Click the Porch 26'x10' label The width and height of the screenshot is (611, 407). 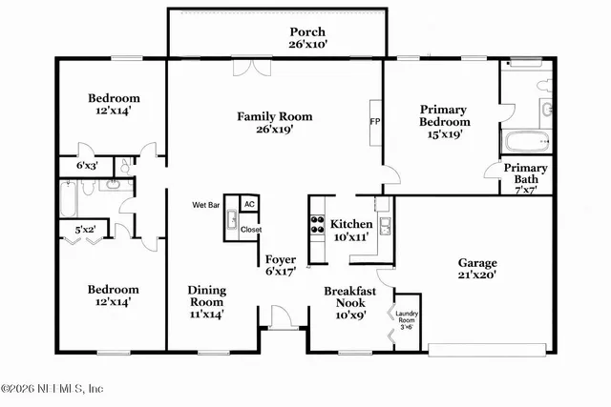pyautogui.click(x=306, y=37)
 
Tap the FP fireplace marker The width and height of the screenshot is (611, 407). pyautogui.click(x=375, y=122)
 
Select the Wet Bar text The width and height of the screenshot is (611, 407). pyautogui.click(x=207, y=205)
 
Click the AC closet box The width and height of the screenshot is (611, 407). pyautogui.click(x=248, y=205)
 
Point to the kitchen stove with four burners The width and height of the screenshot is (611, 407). pyautogui.click(x=316, y=225)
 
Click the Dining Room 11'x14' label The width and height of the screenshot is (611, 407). pyautogui.click(x=207, y=300)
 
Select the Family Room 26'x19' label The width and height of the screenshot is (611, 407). pyautogui.click(x=275, y=123)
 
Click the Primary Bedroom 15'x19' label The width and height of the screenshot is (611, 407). pyautogui.click(x=445, y=122)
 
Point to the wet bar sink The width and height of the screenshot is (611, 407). pyautogui.click(x=232, y=224)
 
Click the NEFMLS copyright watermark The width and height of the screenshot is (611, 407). pyautogui.click(x=53, y=389)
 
